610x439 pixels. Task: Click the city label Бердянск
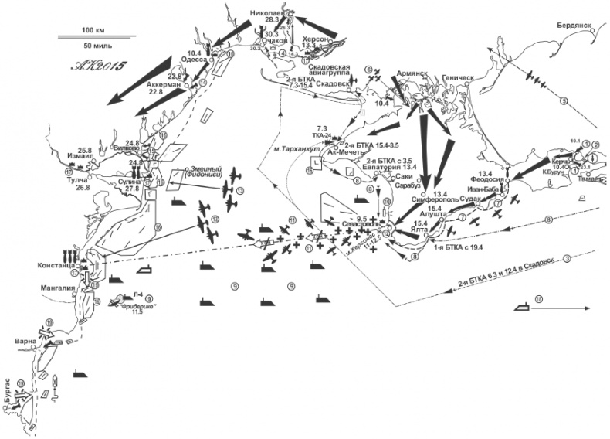point(573,25)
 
